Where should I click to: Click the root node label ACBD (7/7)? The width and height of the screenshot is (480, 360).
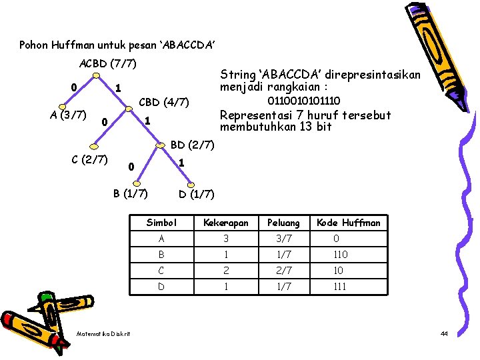click(107, 64)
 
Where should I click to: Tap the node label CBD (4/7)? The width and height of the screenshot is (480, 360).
click(164, 103)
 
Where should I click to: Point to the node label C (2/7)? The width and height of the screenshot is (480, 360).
click(90, 160)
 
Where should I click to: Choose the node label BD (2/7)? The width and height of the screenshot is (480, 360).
click(192, 145)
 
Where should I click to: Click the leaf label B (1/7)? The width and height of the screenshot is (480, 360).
click(130, 194)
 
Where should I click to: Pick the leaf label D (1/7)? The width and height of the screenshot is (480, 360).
click(197, 194)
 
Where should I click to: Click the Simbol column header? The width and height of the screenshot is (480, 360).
click(161, 223)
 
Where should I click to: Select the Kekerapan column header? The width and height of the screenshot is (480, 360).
click(225, 223)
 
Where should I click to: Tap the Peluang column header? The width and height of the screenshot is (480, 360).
click(283, 223)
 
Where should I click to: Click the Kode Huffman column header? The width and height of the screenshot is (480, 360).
click(349, 223)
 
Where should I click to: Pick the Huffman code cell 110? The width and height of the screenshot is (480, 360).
click(340, 255)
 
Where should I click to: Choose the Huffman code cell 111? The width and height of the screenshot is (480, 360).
click(340, 287)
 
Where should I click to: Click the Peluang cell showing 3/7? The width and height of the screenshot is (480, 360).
click(283, 239)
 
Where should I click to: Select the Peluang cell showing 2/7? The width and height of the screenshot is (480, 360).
click(283, 271)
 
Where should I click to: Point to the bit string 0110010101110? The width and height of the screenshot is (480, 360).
click(303, 101)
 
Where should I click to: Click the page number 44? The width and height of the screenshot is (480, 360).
click(444, 333)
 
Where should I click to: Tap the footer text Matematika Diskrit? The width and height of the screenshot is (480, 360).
click(103, 333)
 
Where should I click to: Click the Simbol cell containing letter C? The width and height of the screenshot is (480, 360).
click(161, 271)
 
